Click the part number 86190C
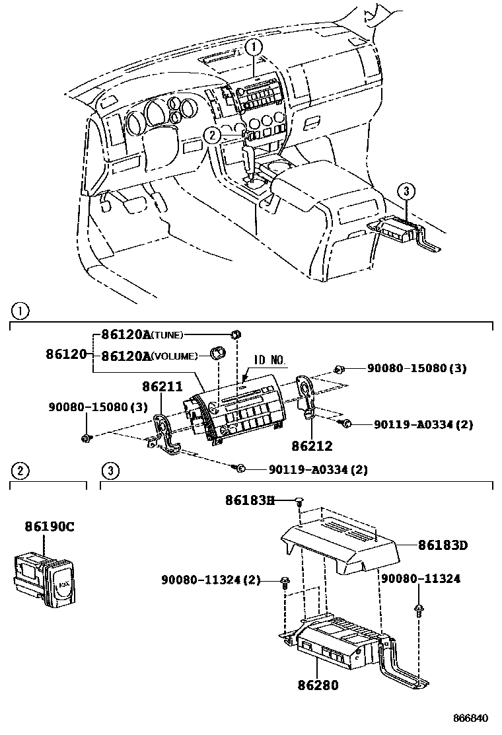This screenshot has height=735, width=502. click(50, 527)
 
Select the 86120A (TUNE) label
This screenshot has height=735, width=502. click(142, 334)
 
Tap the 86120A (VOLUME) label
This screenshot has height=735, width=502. click(149, 356)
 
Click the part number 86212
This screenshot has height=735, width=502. click(313, 446)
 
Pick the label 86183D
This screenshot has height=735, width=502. click(443, 545)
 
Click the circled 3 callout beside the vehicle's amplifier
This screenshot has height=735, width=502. click(406, 192)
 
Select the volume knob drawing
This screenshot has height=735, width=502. click(216, 354)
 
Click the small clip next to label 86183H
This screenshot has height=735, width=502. click(299, 503)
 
